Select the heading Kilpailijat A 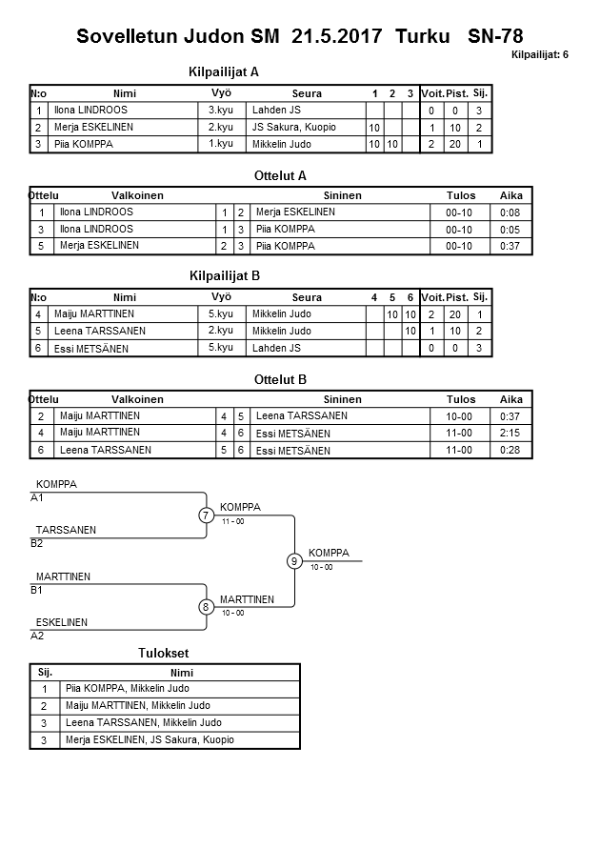224,71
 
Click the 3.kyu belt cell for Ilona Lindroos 221,111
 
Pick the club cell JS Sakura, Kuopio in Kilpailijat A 294,128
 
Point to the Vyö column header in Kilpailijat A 221,93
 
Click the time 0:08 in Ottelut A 510,212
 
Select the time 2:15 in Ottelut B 510,434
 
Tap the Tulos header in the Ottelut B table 461,400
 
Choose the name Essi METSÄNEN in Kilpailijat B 93,349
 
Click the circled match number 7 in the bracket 206,515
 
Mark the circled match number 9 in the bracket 294,561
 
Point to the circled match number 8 206,607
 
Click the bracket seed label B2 37,543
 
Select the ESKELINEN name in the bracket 62,622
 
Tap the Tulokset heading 165,654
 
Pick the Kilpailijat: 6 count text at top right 540,55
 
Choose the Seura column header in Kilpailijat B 307,298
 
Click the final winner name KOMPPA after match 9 329,553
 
